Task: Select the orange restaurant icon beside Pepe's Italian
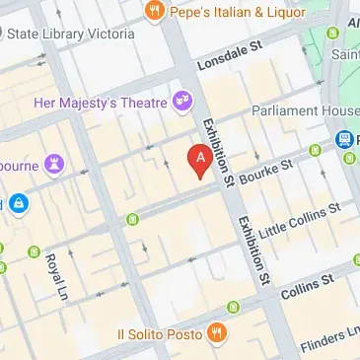click(153, 12)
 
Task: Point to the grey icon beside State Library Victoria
click(3, 34)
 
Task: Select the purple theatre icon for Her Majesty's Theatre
click(181, 100)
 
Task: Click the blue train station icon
click(346, 140)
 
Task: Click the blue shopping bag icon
click(19, 204)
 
